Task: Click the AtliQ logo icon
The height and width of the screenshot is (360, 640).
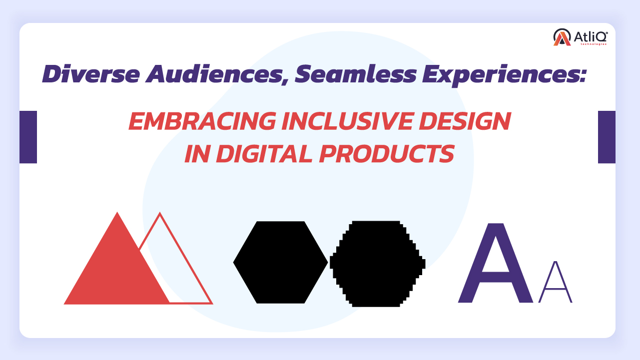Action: coord(562,37)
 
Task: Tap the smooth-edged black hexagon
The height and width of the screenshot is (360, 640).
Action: coord(280,262)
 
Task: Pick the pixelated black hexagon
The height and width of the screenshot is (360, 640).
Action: coord(377,263)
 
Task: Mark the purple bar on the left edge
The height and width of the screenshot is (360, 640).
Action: coord(28,137)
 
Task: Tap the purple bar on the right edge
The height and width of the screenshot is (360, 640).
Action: coord(607,137)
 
